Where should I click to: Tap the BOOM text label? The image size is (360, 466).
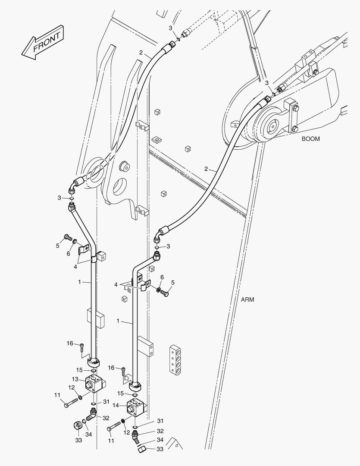point(311,139)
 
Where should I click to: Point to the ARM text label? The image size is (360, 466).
point(247,299)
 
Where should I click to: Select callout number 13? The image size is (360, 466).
point(75,379)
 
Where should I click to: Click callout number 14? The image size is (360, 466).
point(116,405)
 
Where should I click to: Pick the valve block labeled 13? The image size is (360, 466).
point(94,384)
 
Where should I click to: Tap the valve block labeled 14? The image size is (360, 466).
point(136,408)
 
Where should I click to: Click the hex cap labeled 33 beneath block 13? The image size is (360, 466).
point(78,425)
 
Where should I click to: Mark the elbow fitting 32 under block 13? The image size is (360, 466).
point(91,415)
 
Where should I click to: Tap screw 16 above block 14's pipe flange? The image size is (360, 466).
point(123,372)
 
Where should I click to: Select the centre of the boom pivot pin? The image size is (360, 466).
point(272,127)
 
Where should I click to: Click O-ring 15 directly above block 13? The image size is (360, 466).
point(93,370)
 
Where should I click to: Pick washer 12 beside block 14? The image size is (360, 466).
point(122,422)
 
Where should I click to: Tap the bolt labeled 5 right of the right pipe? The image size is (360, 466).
point(164,293)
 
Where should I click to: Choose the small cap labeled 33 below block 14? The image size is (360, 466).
point(142,449)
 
